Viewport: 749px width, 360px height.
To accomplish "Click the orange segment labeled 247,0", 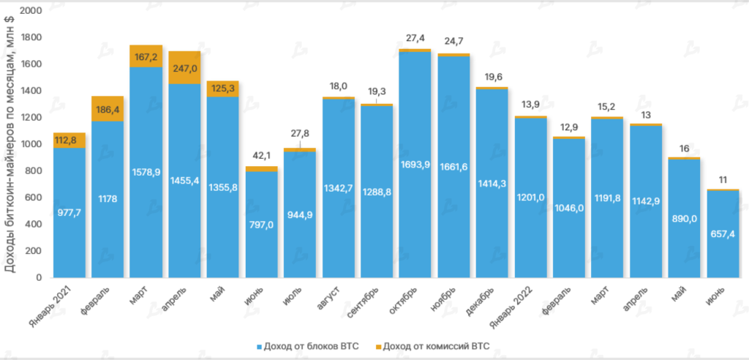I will click(x=184, y=68).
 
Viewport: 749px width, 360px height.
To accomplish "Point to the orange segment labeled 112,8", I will click(x=69, y=140).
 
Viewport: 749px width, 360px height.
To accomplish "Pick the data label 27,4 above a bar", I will click(x=415, y=37).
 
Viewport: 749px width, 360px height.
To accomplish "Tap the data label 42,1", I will click(x=261, y=155).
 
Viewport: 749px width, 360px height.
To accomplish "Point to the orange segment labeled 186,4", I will click(x=108, y=109).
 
